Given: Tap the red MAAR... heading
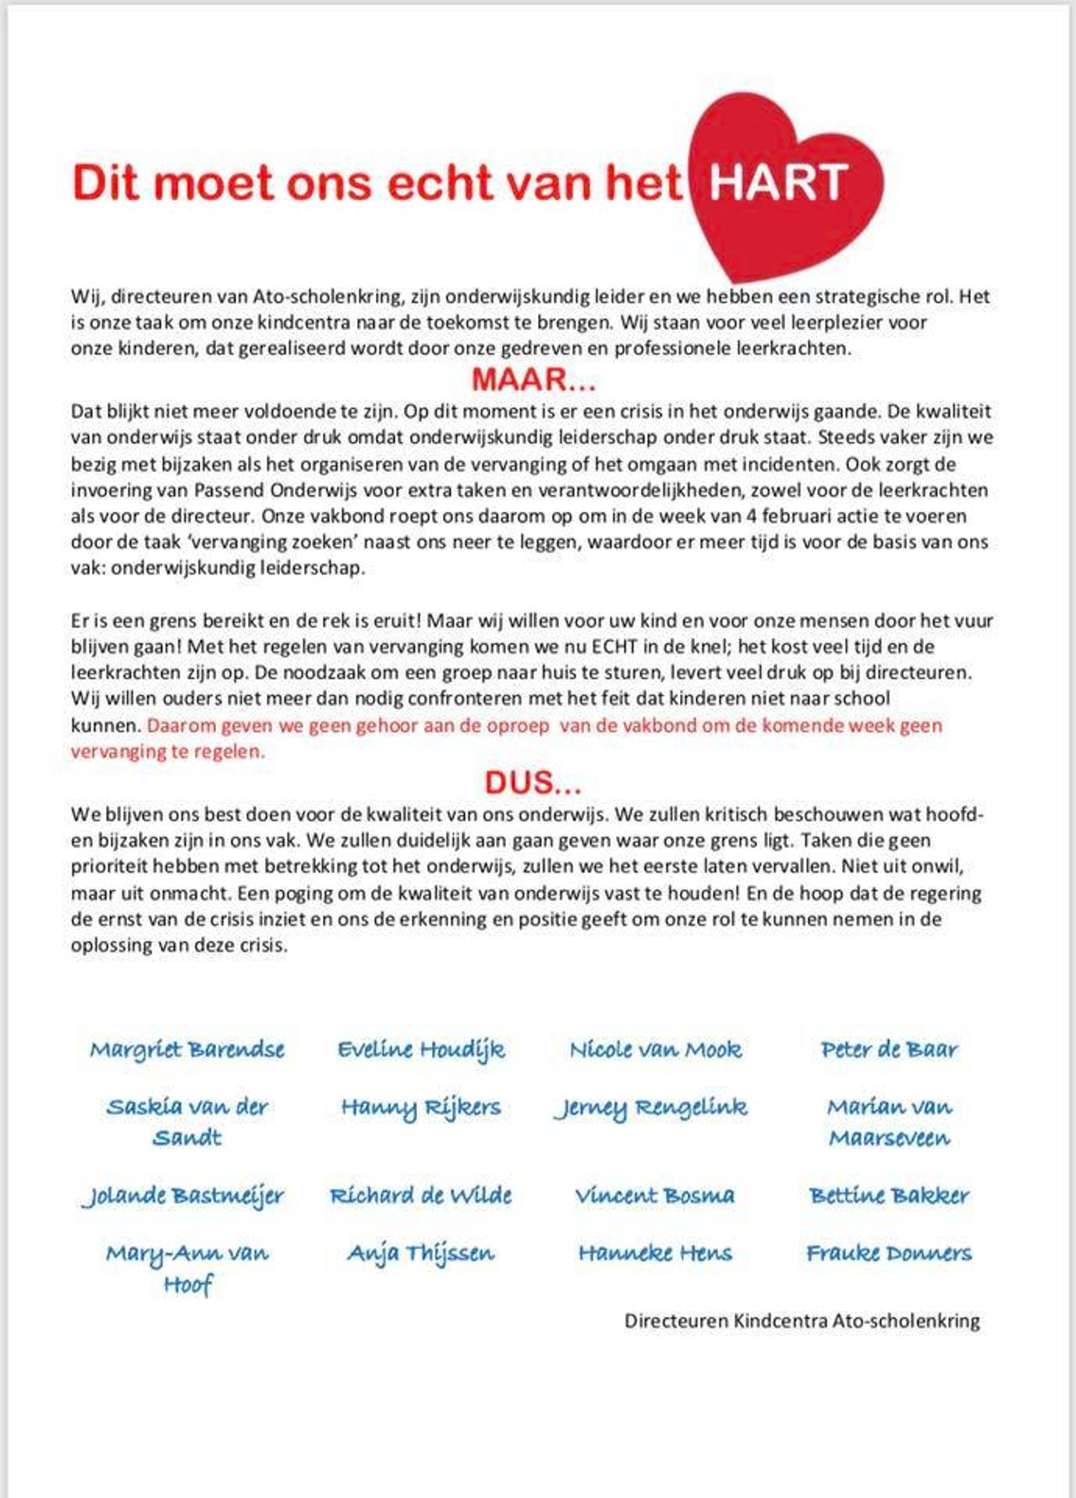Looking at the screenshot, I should pos(534,380).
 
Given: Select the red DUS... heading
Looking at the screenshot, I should pos(533,783).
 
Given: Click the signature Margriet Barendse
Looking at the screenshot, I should pos(187,1050).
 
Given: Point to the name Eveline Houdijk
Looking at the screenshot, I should pos(421,1050).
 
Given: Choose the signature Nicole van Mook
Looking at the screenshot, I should pos(656,1050).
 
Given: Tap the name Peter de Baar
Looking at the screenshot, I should pos(889,1050).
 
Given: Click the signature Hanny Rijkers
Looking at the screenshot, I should pos(421,1108).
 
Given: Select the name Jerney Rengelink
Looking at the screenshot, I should pos(651,1108).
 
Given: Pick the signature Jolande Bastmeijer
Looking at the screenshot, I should pos(184,1195).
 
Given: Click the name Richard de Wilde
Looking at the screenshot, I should pos(421,1195).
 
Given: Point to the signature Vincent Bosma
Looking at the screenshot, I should pos(655,1195).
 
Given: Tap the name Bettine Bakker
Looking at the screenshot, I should pos(889,1195).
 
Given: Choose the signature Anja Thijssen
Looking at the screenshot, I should pos(421,1253).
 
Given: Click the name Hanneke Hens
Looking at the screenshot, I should pos(655,1253).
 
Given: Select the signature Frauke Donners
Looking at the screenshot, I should pos(889,1253).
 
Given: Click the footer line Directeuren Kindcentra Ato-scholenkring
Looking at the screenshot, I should pos(802,1321).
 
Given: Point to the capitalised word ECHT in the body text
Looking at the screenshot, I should pos(615,647).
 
